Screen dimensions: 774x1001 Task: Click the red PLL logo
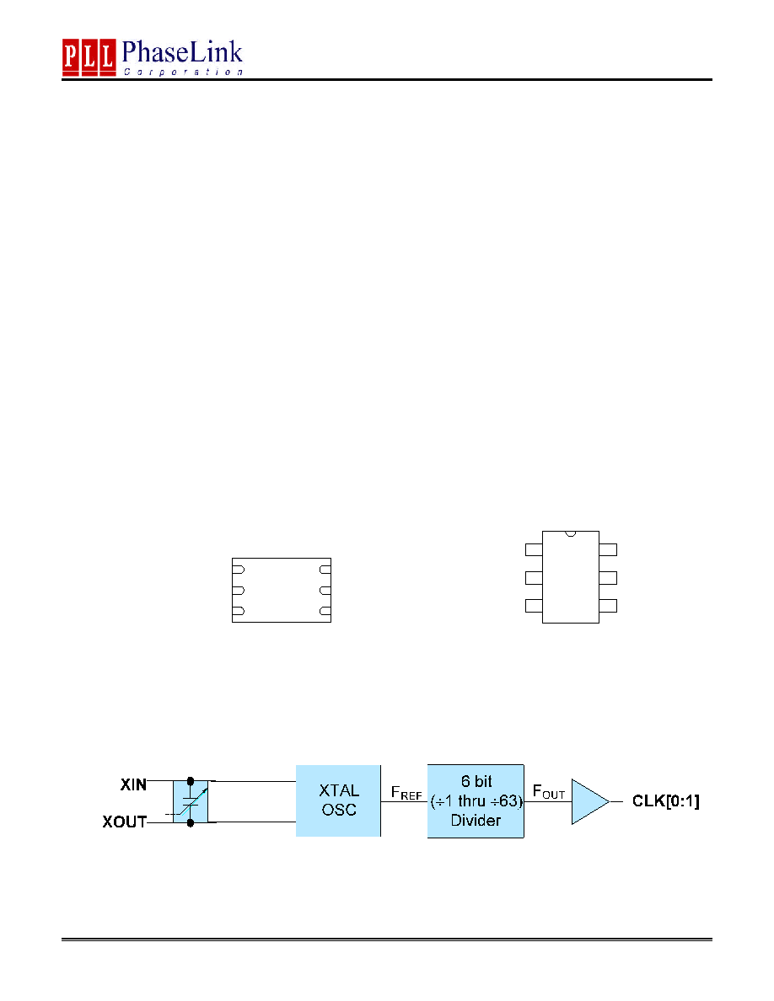pos(89,56)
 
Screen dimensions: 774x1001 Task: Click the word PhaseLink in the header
pos(182,51)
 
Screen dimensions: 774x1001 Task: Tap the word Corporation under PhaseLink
pos(183,72)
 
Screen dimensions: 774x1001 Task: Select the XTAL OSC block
pos(338,800)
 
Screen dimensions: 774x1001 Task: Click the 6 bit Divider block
pos(476,800)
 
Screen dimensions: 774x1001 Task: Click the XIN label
pos(133,784)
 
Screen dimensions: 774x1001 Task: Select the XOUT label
pos(125,822)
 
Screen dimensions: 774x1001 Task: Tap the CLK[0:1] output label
pos(665,801)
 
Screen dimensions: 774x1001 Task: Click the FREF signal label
pos(406,794)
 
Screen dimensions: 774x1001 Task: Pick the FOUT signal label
pos(549,792)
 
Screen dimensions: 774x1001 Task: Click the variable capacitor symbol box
pos(191,802)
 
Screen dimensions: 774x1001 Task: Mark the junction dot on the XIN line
pos(191,781)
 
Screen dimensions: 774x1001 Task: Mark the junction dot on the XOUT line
pos(191,823)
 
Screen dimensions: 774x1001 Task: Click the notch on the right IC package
pos(571,533)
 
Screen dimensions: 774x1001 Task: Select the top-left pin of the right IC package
pos(534,549)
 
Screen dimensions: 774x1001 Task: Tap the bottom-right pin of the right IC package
pos(608,606)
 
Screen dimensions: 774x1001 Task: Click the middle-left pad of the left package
pos(239,591)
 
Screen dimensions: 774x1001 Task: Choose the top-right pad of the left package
pos(325,569)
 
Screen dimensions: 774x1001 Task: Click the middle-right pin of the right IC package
pos(608,578)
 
